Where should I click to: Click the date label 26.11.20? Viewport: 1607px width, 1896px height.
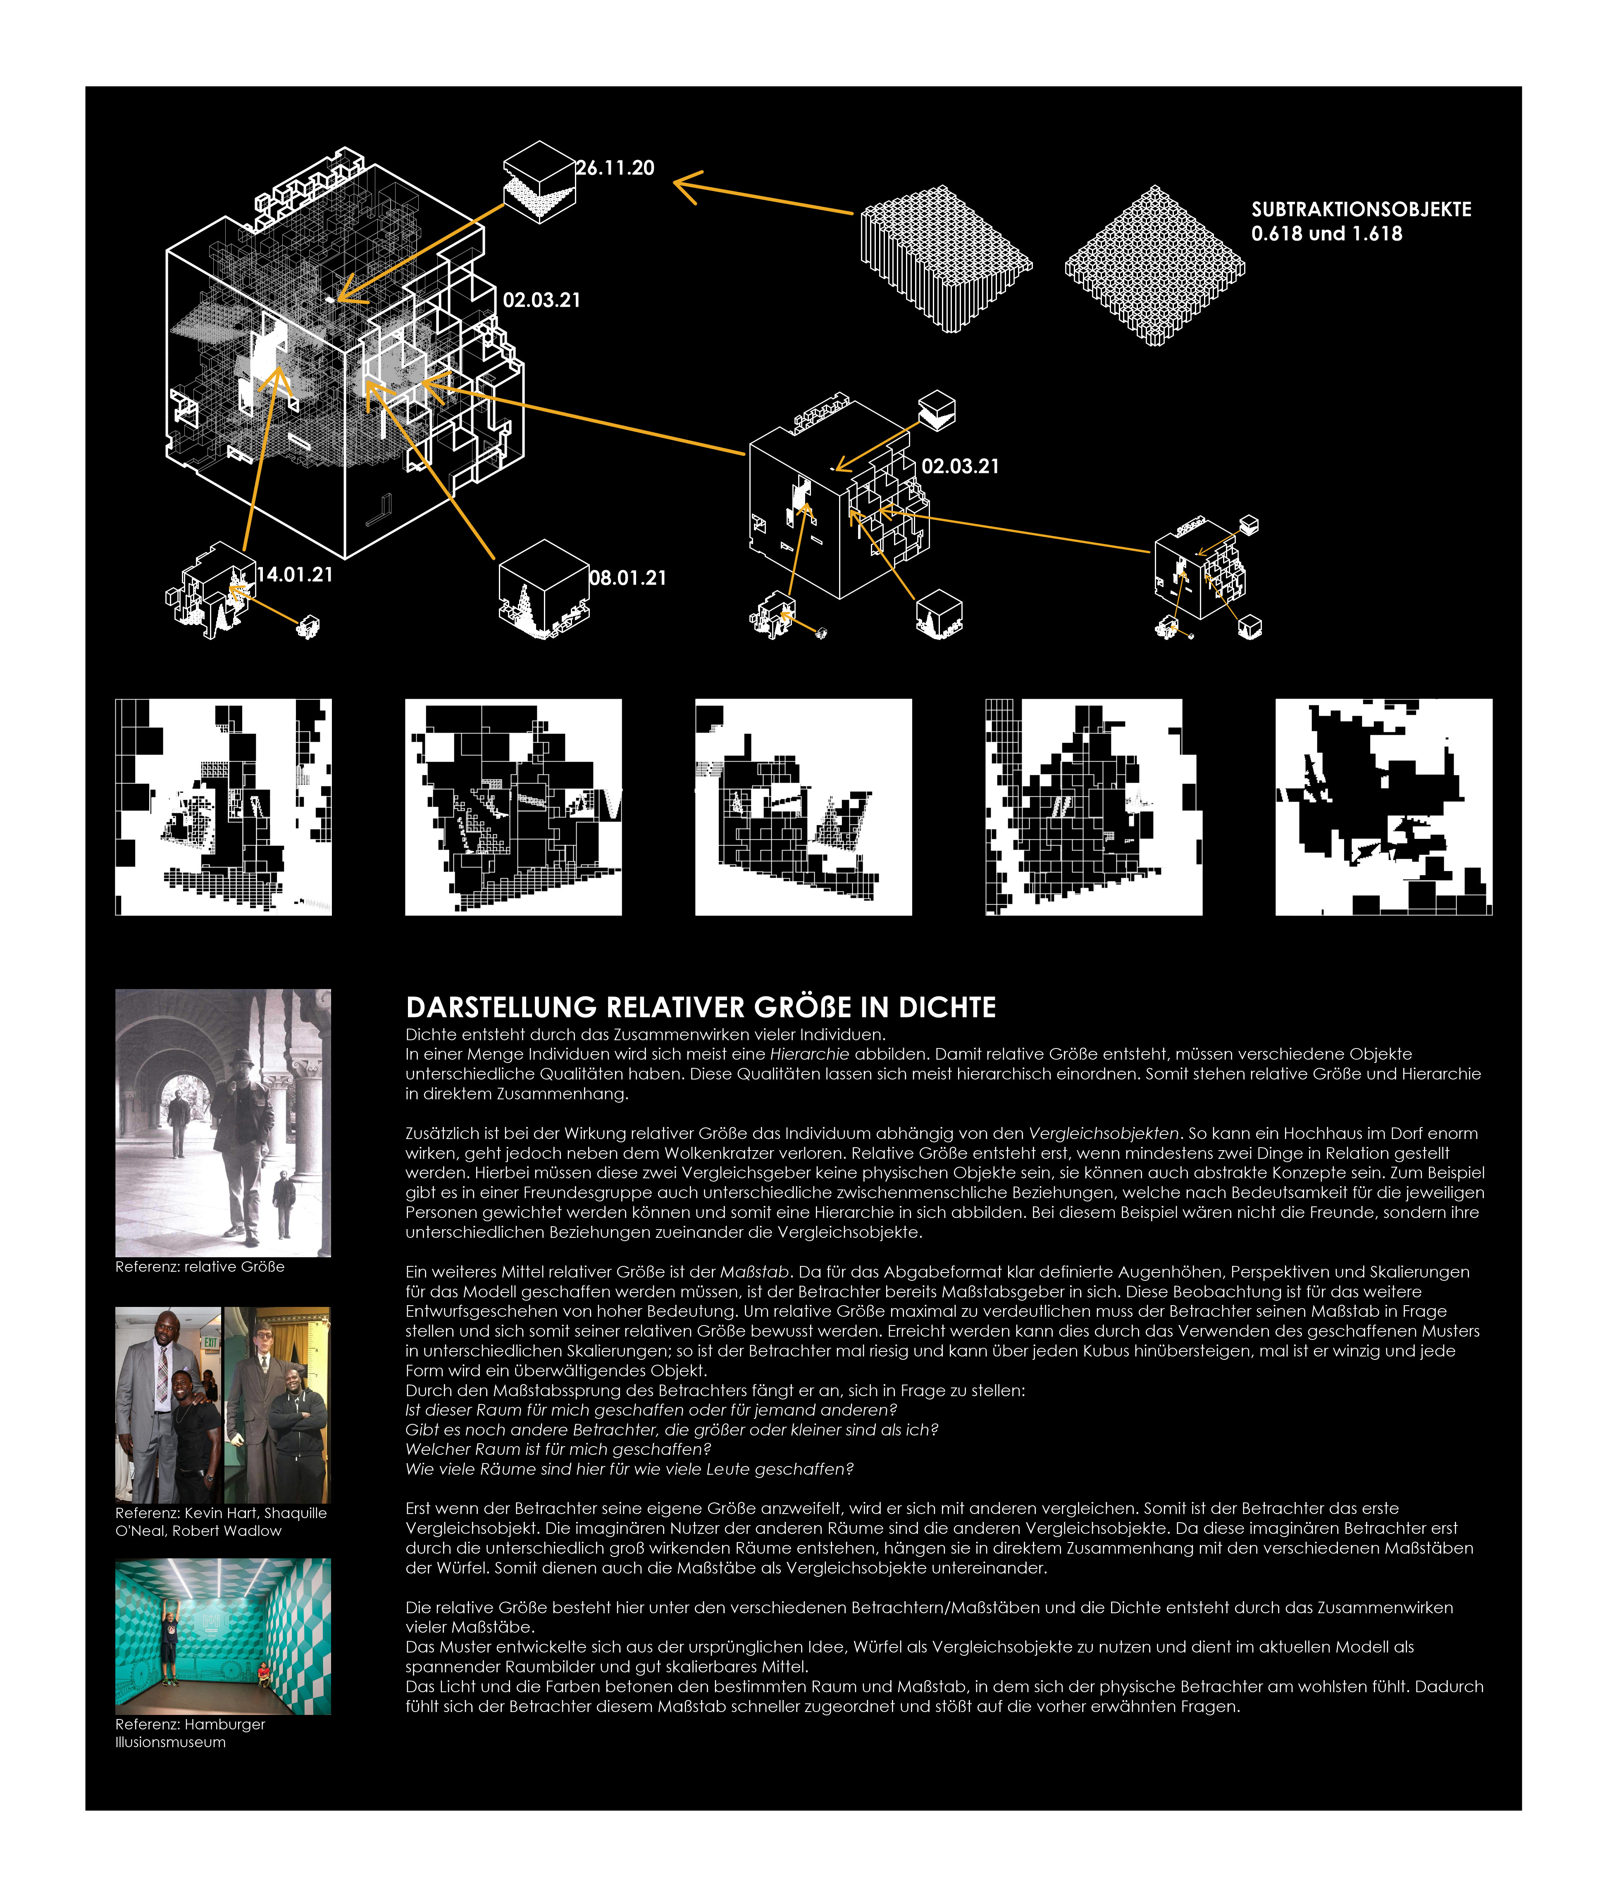pyautogui.click(x=616, y=167)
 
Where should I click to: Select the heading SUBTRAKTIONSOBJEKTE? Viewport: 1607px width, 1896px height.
pyautogui.click(x=1361, y=210)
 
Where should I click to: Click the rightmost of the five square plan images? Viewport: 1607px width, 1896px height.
pyautogui.click(x=1384, y=807)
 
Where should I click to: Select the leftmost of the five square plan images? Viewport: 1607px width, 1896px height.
pyautogui.click(x=223, y=807)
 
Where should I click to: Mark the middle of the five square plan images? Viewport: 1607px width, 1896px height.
pyautogui.click(x=803, y=807)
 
